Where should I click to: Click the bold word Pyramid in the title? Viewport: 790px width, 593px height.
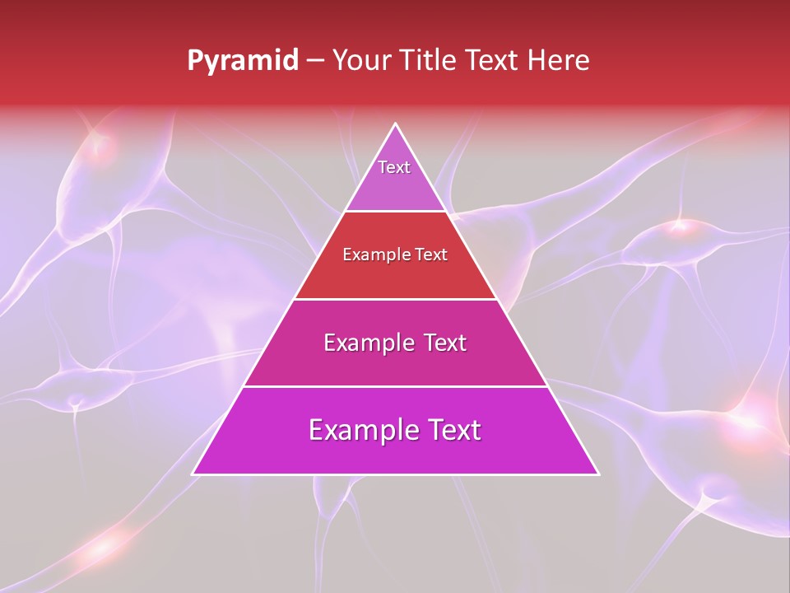click(242, 61)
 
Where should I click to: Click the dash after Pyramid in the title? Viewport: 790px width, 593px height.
click(314, 61)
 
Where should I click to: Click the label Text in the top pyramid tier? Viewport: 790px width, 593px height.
click(394, 167)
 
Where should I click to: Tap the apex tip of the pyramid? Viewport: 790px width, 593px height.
click(396, 125)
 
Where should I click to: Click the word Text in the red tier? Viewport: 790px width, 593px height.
click(430, 255)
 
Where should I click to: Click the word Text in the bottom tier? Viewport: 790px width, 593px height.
click(453, 430)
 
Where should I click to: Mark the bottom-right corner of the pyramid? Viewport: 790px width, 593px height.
click(597, 474)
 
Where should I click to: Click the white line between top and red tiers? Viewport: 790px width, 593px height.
click(396, 212)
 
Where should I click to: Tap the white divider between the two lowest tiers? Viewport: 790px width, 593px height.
click(396, 386)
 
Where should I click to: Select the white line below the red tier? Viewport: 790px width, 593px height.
click(396, 299)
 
